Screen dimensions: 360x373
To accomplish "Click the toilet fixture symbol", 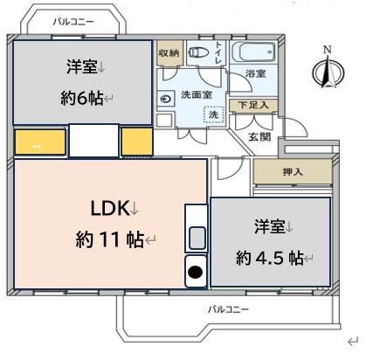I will click(198, 52).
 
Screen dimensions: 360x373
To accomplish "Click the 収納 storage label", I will click(169, 52).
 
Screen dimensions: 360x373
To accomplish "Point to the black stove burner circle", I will click(197, 273).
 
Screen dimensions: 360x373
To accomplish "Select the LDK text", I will click(112, 208).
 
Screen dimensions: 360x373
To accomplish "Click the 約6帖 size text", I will click(83, 98).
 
